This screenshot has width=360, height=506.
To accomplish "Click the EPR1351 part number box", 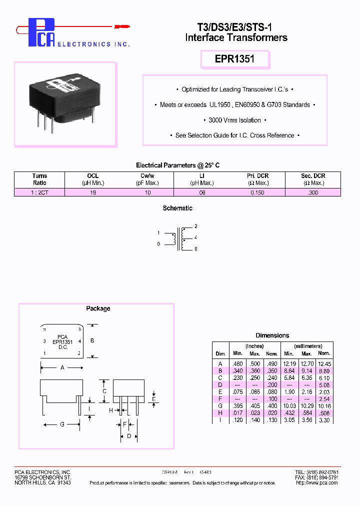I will click(234, 59).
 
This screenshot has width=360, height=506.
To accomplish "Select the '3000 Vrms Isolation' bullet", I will click(234, 120).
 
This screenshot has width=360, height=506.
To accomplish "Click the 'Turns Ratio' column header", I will click(39, 179).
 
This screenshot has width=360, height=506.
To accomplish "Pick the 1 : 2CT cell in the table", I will click(39, 192).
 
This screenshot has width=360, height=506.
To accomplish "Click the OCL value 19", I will click(93, 192).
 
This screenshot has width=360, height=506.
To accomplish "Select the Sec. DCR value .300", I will click(313, 192).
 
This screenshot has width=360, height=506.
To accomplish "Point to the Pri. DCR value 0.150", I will click(257, 192).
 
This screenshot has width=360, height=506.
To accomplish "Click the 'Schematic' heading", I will click(177, 208).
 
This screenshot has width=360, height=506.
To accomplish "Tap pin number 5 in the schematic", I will click(158, 244).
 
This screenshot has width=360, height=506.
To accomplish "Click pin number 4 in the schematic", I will click(195, 237).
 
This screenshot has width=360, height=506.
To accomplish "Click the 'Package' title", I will click(98, 308).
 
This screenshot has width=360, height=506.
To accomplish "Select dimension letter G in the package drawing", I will click(62, 424).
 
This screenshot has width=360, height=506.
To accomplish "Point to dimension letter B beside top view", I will click(92, 340).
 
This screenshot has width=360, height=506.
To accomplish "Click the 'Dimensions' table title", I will click(272, 335).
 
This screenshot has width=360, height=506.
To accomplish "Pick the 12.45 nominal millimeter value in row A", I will click(324, 363).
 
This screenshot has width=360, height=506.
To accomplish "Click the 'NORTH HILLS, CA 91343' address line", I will click(42, 482).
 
